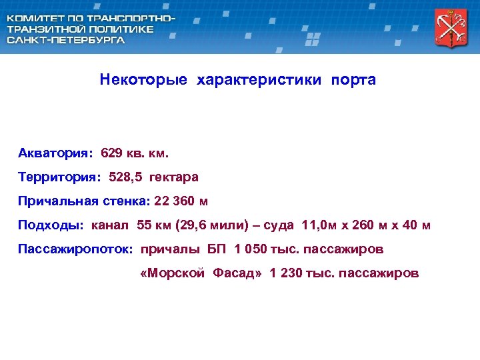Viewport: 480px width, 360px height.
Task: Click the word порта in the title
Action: [x=354, y=80]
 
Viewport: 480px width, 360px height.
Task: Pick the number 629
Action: [x=112, y=153]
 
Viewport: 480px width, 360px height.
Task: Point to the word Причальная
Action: [x=58, y=201]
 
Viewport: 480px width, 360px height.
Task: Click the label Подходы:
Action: [x=51, y=225]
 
